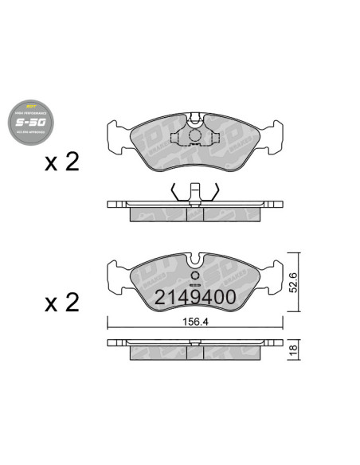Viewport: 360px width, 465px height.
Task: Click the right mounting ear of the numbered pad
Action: point(275,276)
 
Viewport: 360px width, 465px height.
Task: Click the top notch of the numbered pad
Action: point(195,260)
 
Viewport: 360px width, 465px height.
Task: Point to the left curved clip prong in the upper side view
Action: point(175,191)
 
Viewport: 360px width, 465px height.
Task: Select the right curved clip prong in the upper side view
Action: point(215,191)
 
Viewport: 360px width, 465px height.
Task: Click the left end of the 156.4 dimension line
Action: point(108,323)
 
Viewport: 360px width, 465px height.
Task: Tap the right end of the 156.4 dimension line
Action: point(283,323)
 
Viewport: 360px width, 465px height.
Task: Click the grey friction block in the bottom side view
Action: point(195,353)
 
